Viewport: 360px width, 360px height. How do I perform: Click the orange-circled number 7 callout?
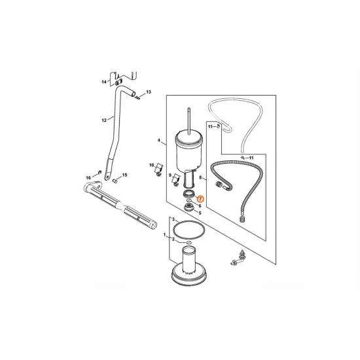coord(200,198)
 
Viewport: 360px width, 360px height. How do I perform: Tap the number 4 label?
coord(159,141)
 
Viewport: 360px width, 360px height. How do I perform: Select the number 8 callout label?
coord(200,177)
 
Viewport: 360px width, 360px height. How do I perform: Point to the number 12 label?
coord(104,120)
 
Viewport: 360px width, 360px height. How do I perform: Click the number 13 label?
coord(149,92)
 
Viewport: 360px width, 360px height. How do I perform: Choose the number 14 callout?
coord(104,82)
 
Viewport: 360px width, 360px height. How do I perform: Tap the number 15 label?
coord(124,175)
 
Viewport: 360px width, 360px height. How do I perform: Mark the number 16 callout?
coord(88,177)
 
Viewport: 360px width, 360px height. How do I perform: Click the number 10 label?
coord(152,165)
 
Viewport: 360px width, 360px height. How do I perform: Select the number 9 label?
coord(170,175)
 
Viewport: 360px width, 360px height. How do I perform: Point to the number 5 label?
coord(200,213)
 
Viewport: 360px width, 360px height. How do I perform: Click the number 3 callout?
coord(173,219)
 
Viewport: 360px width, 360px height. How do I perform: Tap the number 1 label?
coord(164,234)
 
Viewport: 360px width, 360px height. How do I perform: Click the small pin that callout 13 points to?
coord(137,98)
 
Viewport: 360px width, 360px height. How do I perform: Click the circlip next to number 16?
coord(99,172)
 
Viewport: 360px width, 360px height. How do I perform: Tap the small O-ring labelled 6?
coord(190,201)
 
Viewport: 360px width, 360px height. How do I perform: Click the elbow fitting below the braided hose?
coord(238,259)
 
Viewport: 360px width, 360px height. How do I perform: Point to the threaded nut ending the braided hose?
coord(242,219)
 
